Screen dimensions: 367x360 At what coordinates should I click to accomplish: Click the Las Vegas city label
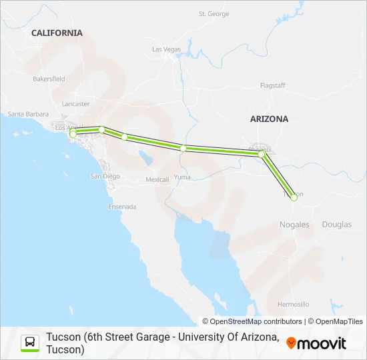pos(166,49)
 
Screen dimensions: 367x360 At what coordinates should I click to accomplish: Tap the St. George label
pos(214,14)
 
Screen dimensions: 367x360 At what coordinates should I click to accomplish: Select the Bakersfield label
pos(49,79)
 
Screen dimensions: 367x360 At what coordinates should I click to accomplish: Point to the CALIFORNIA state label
pos(57,33)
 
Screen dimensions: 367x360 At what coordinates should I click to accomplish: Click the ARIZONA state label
pos(269,119)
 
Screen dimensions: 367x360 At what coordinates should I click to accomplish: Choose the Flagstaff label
pos(273,85)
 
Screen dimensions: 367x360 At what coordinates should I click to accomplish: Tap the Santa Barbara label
pos(25,114)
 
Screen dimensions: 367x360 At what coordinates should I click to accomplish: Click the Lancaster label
pos(75,104)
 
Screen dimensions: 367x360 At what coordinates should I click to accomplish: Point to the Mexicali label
pos(157,180)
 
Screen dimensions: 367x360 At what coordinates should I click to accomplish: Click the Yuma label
pos(182,177)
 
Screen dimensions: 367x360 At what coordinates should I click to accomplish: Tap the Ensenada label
pos(123,207)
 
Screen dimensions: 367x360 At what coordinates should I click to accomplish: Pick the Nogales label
pos(294,225)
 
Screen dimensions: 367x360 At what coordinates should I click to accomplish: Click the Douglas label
pos(336,225)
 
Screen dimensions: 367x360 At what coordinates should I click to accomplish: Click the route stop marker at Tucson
pos(294,197)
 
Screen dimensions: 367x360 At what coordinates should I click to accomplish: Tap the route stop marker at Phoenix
pos(262,154)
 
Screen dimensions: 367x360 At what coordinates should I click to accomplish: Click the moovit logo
pos(316,343)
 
